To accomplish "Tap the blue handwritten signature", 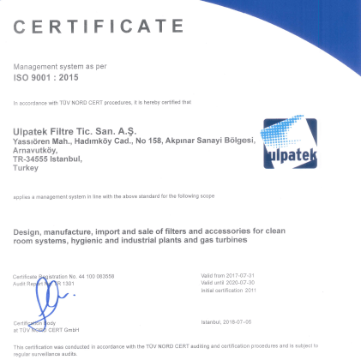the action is (46, 297).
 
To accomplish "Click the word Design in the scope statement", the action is (27, 231).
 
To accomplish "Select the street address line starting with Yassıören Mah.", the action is (134, 140).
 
